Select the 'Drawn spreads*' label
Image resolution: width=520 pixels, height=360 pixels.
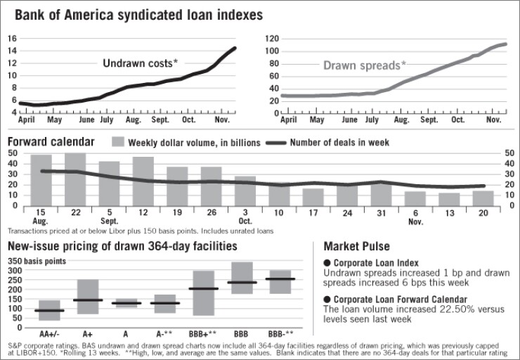(x=364, y=65)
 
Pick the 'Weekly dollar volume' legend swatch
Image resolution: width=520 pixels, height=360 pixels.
(x=118, y=143)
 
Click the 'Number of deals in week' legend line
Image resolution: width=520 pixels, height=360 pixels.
(x=288, y=143)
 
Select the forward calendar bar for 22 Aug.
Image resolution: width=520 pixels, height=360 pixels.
(x=74, y=179)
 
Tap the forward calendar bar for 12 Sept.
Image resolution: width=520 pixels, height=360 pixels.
(x=143, y=181)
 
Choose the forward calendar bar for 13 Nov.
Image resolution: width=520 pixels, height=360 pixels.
(x=450, y=199)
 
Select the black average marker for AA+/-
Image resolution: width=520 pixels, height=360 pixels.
(x=49, y=310)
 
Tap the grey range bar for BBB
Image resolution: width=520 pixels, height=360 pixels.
(x=242, y=278)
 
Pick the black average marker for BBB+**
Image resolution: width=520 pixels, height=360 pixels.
(x=203, y=288)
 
